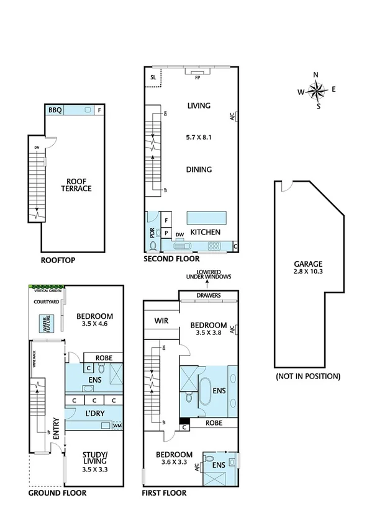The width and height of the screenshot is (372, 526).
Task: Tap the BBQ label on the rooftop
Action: [x=55, y=110]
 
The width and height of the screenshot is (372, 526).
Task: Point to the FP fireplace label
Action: [x=197, y=79]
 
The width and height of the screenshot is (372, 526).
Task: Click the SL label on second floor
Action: [x=153, y=77]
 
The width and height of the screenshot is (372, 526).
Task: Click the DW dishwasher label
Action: [x=179, y=235]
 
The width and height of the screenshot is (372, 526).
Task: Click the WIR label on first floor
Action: [x=163, y=320]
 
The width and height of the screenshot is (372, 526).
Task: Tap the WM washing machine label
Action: [x=118, y=426]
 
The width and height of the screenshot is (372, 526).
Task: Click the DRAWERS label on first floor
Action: [x=209, y=295]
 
